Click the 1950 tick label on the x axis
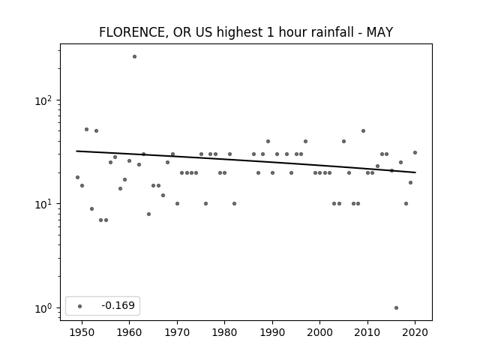(82, 332)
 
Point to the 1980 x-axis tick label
(224, 332)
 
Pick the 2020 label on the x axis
(415, 332)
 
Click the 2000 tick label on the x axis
(319, 332)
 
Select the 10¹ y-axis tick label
(43, 203)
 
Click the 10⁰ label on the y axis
(43, 308)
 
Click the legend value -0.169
(118, 305)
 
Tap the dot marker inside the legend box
(80, 306)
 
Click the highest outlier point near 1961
(134, 57)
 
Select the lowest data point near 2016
(396, 307)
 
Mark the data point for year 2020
(415, 152)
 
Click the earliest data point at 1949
(77, 177)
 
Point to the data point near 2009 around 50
(363, 130)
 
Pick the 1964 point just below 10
(148, 214)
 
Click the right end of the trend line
(415, 172)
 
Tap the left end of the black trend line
(76, 151)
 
